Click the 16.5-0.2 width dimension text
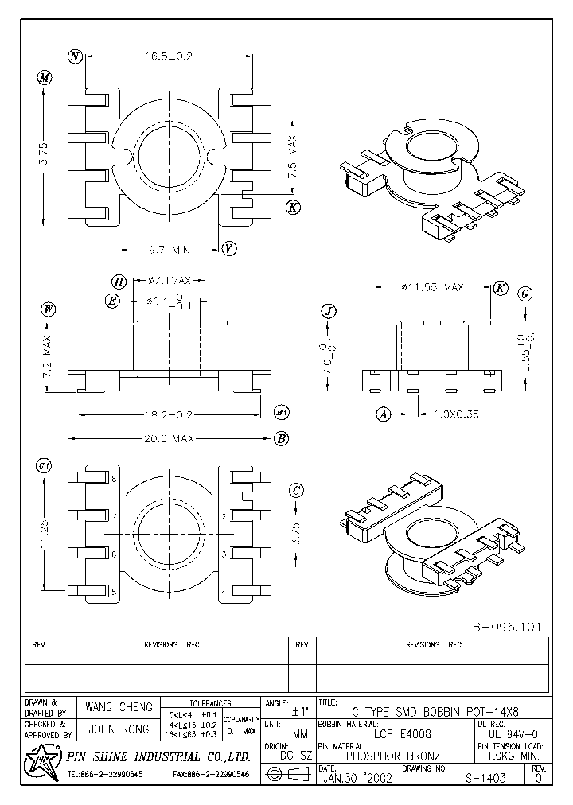[x=169, y=56]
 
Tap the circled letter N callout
[x=76, y=56]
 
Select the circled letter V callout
[x=228, y=248]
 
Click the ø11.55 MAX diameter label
[x=427, y=286]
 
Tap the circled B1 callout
[x=282, y=413]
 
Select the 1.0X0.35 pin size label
[x=457, y=414]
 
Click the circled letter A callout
[x=383, y=414]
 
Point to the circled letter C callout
[x=296, y=491]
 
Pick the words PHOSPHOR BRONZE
[x=396, y=756]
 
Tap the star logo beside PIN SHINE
[x=39, y=763]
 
